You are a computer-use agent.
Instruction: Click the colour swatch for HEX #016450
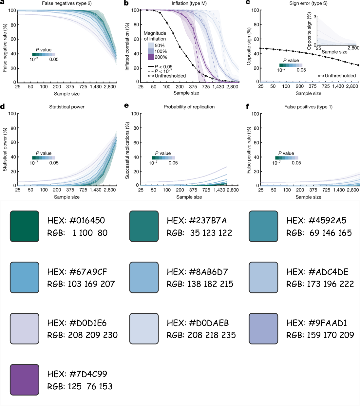[25, 226]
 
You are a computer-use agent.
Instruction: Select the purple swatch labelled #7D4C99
[25, 380]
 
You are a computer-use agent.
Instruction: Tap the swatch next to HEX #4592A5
[263, 226]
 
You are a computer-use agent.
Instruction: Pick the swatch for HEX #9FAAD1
[263, 328]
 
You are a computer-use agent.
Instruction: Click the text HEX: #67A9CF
[77, 272]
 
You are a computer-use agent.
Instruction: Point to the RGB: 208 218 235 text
[201, 335]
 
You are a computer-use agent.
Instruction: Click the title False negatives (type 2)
[67, 3]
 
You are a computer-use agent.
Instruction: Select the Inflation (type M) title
[189, 3]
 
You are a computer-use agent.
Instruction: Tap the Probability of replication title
[189, 107]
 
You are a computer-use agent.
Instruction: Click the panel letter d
[3, 106]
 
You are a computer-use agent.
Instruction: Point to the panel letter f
[247, 106]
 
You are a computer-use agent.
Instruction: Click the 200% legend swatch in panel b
[151, 57]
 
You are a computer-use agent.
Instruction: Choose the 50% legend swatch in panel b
[151, 46]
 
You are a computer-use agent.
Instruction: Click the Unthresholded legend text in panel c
[340, 76]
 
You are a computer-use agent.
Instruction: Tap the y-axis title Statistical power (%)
[5, 150]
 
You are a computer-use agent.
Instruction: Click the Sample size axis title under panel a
[67, 94]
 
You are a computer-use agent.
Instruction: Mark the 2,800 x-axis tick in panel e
[233, 190]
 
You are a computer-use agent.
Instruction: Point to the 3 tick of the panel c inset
[315, 16]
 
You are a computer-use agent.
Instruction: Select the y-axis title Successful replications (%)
[127, 150]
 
